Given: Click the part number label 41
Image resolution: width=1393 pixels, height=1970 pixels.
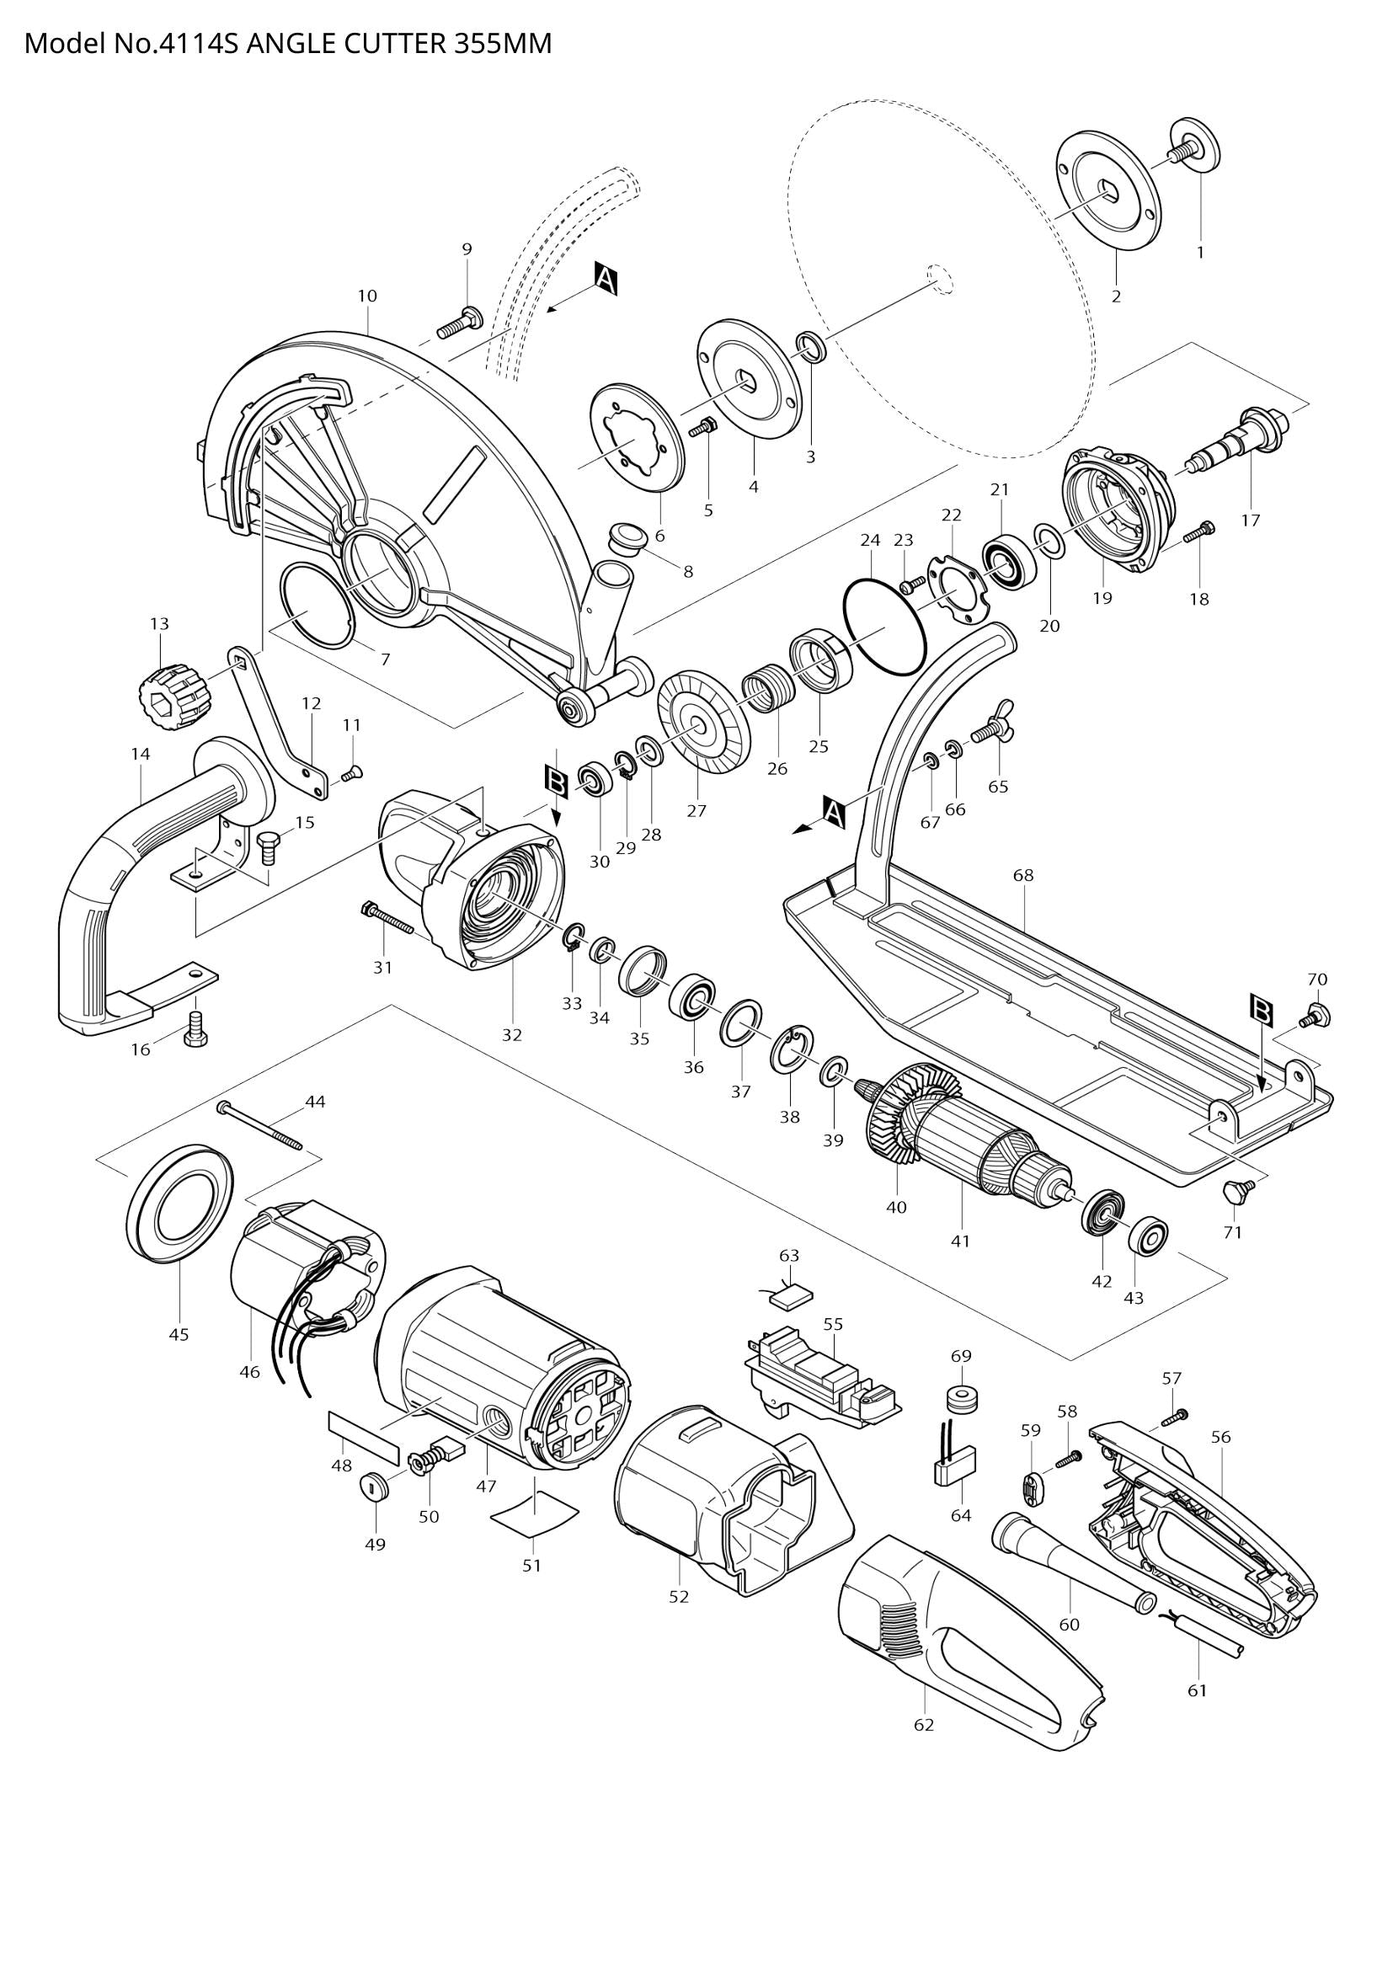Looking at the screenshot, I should coord(960,1241).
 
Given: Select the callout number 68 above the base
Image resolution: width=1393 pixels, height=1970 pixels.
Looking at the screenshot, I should coord(1022,875).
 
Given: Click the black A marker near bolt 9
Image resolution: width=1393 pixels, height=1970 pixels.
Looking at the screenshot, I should coord(606,280).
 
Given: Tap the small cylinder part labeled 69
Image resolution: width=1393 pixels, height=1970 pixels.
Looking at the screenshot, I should coord(961,1401).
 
